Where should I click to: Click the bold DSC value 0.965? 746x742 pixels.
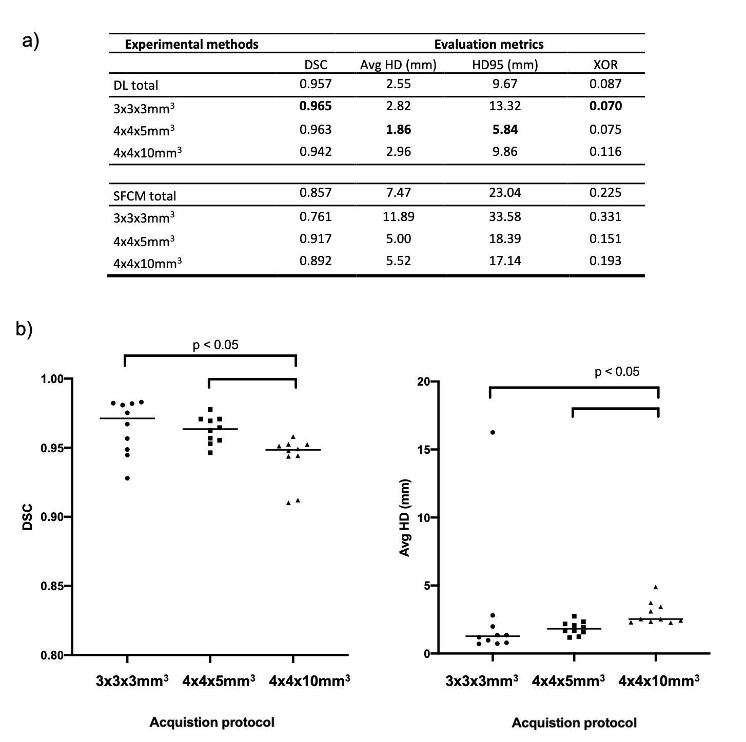316,106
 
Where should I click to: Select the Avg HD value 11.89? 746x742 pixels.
398,216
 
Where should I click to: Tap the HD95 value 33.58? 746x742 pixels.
505,216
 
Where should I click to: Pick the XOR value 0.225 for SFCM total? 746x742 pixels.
605,193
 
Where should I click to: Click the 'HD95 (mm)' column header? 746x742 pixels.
505,65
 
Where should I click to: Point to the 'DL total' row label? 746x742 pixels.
136,85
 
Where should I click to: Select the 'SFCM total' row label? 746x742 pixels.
145,196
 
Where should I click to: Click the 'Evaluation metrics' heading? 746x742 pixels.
488,45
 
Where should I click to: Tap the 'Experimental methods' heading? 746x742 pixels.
191,45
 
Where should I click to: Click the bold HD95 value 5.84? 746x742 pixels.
505,129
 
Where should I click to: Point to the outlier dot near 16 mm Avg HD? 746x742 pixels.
493,432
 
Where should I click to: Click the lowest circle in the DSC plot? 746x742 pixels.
127,478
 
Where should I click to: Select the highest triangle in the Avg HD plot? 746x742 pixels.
655,587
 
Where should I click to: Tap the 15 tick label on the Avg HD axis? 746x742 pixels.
423,450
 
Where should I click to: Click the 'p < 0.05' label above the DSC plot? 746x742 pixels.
215,345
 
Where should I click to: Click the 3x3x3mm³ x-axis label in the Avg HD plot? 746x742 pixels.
481,681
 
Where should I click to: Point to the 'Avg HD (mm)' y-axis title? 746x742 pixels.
405,518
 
